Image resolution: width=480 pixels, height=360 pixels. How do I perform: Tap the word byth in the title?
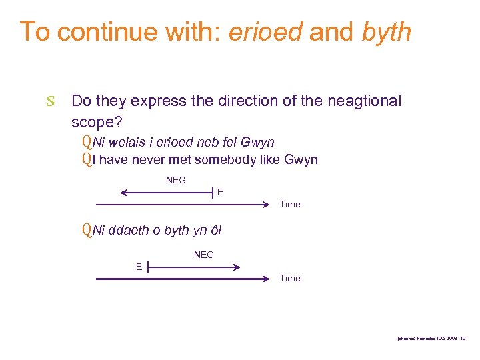(x=387, y=31)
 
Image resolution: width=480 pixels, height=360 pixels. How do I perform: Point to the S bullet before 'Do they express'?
(x=50, y=102)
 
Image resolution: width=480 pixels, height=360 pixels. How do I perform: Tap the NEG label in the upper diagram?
(x=175, y=180)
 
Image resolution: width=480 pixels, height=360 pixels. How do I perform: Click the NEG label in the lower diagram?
(x=203, y=255)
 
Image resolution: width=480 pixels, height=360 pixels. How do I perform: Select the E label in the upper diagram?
(x=220, y=192)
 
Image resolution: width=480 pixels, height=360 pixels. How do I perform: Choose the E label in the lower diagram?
(x=139, y=267)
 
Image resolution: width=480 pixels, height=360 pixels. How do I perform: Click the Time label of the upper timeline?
(x=289, y=204)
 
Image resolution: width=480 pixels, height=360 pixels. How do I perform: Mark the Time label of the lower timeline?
(x=289, y=278)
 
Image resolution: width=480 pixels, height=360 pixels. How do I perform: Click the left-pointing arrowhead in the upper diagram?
(x=124, y=193)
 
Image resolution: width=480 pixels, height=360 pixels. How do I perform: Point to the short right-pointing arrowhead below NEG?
(x=236, y=267)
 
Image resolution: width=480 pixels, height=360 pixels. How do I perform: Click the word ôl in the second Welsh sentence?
(x=215, y=231)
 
